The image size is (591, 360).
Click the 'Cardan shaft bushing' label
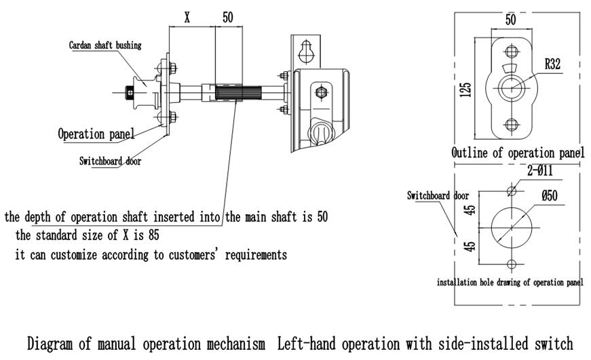pos(105,45)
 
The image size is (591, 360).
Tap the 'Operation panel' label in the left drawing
pos(94,133)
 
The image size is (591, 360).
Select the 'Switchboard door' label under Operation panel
pos(110,161)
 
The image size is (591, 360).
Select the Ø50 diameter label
pos(550,197)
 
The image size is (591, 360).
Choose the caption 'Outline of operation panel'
pos(518,153)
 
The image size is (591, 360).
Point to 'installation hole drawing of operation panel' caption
pos(509,282)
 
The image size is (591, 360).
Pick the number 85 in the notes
pos(153,236)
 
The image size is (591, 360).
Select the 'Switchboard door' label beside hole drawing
pos(438,195)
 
